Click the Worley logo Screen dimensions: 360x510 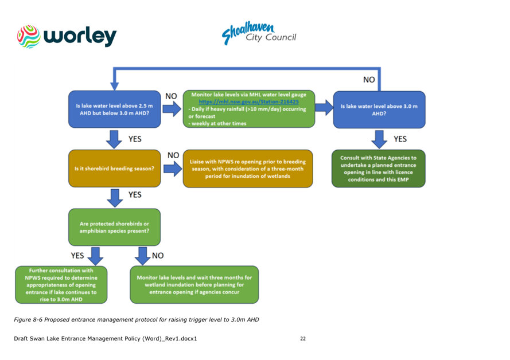click(x=67, y=36)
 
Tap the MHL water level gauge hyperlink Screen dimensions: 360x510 click(x=248, y=101)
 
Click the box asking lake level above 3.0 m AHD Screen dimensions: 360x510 click(x=379, y=109)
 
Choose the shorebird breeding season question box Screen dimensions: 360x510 click(x=114, y=169)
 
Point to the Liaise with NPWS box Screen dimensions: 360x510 click(x=248, y=169)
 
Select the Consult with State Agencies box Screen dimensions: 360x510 click(x=379, y=169)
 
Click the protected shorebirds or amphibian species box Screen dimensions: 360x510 click(x=114, y=227)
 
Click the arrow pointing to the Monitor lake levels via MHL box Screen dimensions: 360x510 click(x=172, y=109)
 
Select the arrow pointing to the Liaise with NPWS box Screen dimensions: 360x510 click(x=172, y=168)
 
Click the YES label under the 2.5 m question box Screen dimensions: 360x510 click(x=135, y=139)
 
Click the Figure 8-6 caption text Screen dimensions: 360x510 click(x=137, y=319)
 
